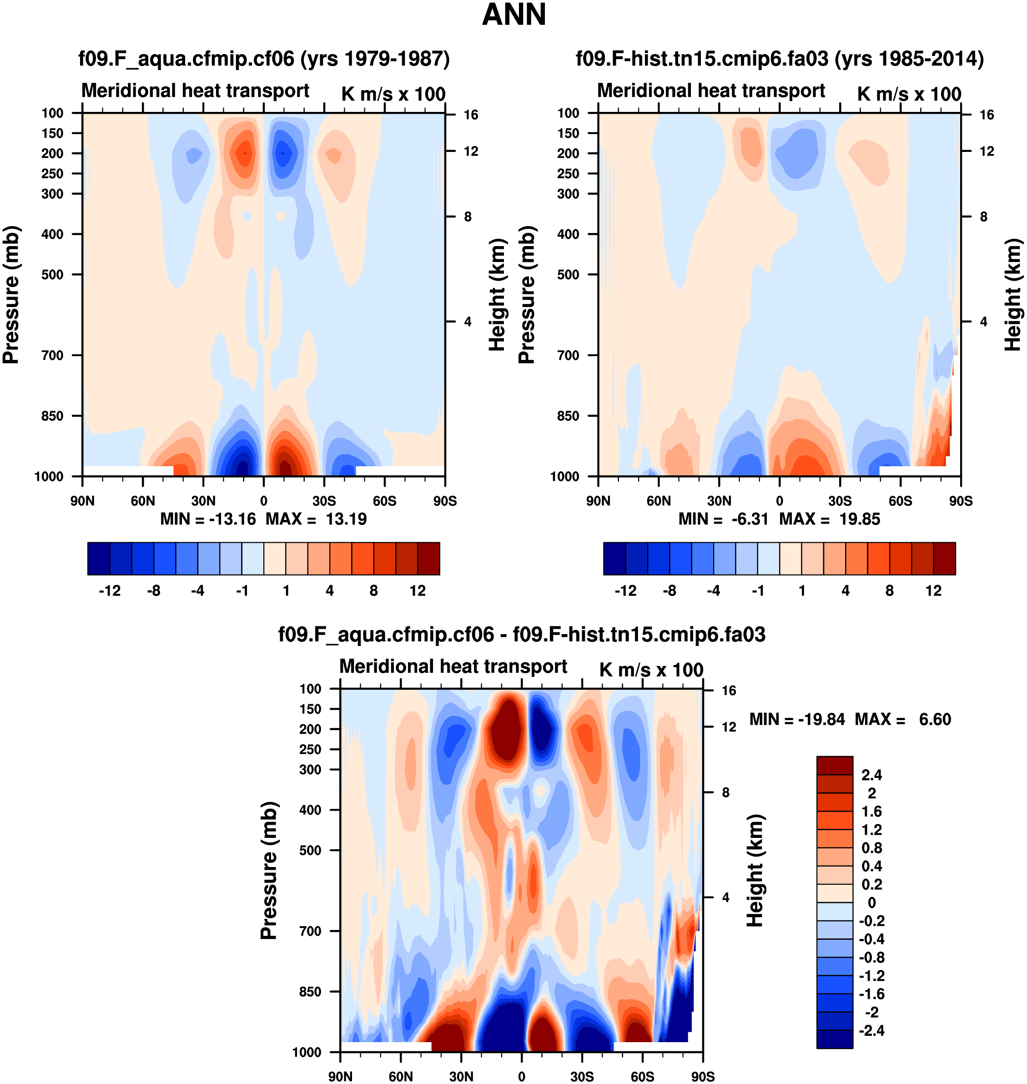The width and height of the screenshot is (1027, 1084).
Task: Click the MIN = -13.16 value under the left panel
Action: pos(208,519)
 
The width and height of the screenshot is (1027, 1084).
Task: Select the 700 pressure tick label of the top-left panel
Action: pos(53,355)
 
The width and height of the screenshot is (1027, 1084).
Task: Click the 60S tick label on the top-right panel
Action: pos(900,501)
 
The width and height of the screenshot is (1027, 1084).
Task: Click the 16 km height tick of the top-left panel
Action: pos(471,115)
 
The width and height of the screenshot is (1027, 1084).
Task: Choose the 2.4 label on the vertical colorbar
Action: pos(871,775)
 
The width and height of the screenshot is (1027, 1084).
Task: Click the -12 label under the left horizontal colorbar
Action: pos(110,591)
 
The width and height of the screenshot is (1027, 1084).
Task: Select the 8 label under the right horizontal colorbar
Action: pos(890,591)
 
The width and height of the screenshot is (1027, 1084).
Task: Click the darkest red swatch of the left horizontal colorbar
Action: pos(428,559)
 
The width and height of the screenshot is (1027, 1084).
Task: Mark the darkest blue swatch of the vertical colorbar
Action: pos(834,1039)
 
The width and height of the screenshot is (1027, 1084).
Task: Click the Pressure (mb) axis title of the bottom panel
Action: pos(269,871)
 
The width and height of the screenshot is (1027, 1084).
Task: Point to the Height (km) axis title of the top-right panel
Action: pos(1013,295)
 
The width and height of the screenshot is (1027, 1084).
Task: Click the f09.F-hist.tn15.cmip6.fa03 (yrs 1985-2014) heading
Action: pos(780,59)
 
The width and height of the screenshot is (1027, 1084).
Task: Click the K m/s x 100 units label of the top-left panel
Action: pos(393,94)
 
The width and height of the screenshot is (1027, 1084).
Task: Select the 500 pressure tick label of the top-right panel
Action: pos(568,275)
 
